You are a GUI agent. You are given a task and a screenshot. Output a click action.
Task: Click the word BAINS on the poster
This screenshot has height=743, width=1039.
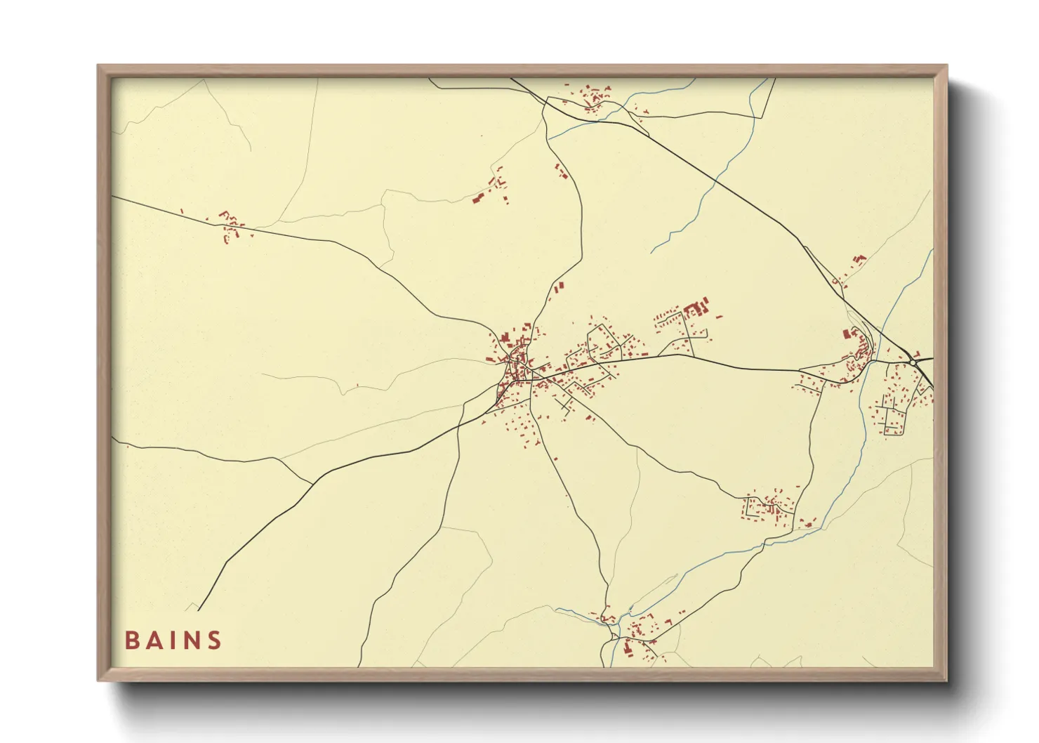tap(173, 640)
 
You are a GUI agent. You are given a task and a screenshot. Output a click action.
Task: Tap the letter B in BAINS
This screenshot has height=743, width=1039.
tap(131, 640)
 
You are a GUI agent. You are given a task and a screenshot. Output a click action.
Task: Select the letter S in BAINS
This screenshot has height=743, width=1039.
tap(214, 640)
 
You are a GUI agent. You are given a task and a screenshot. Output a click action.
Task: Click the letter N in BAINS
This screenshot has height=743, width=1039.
tap(192, 640)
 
